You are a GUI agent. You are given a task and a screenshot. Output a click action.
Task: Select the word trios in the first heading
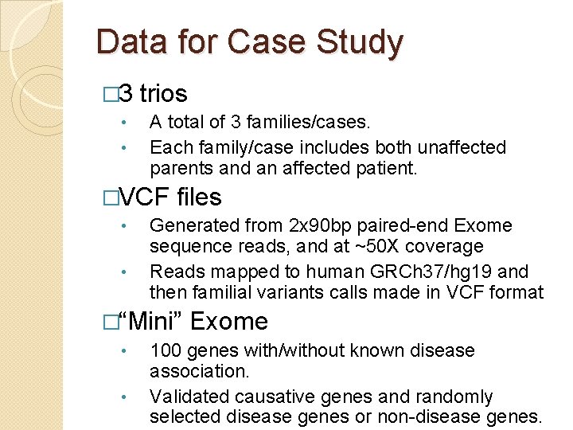click(x=163, y=94)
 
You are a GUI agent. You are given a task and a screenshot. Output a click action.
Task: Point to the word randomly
click(x=458, y=396)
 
